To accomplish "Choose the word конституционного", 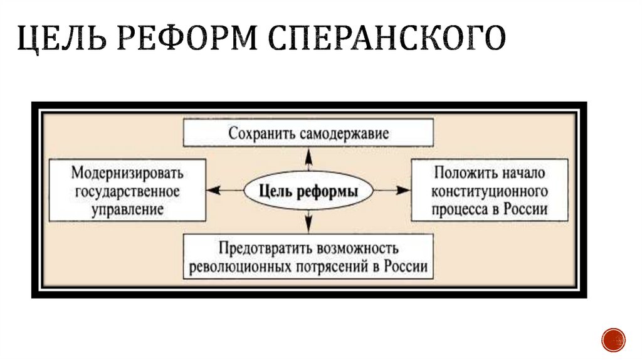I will pyautogui.click(x=490, y=191).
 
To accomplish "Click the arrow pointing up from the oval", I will pyautogui.click(x=308, y=162).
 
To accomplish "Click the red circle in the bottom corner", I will pyautogui.click(x=613, y=339).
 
